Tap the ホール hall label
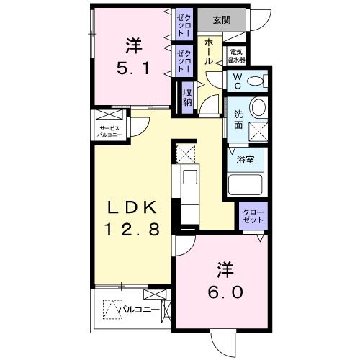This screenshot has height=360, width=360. pyautogui.click(x=210, y=52)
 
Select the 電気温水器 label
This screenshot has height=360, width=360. pyautogui.click(x=236, y=55)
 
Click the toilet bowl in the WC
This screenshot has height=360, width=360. pyautogui.click(x=256, y=81)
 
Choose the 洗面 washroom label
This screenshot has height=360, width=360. pyautogui.click(x=238, y=117)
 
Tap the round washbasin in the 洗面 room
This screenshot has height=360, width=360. pyautogui.click(x=258, y=108)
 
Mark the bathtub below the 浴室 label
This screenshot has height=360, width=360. pyautogui.click(x=247, y=185)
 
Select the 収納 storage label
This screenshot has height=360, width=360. pyautogui.click(x=187, y=96)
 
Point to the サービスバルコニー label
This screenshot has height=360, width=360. pyautogui.click(x=114, y=132)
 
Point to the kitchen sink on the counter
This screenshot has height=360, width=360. pyautogui.click(x=191, y=177)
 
